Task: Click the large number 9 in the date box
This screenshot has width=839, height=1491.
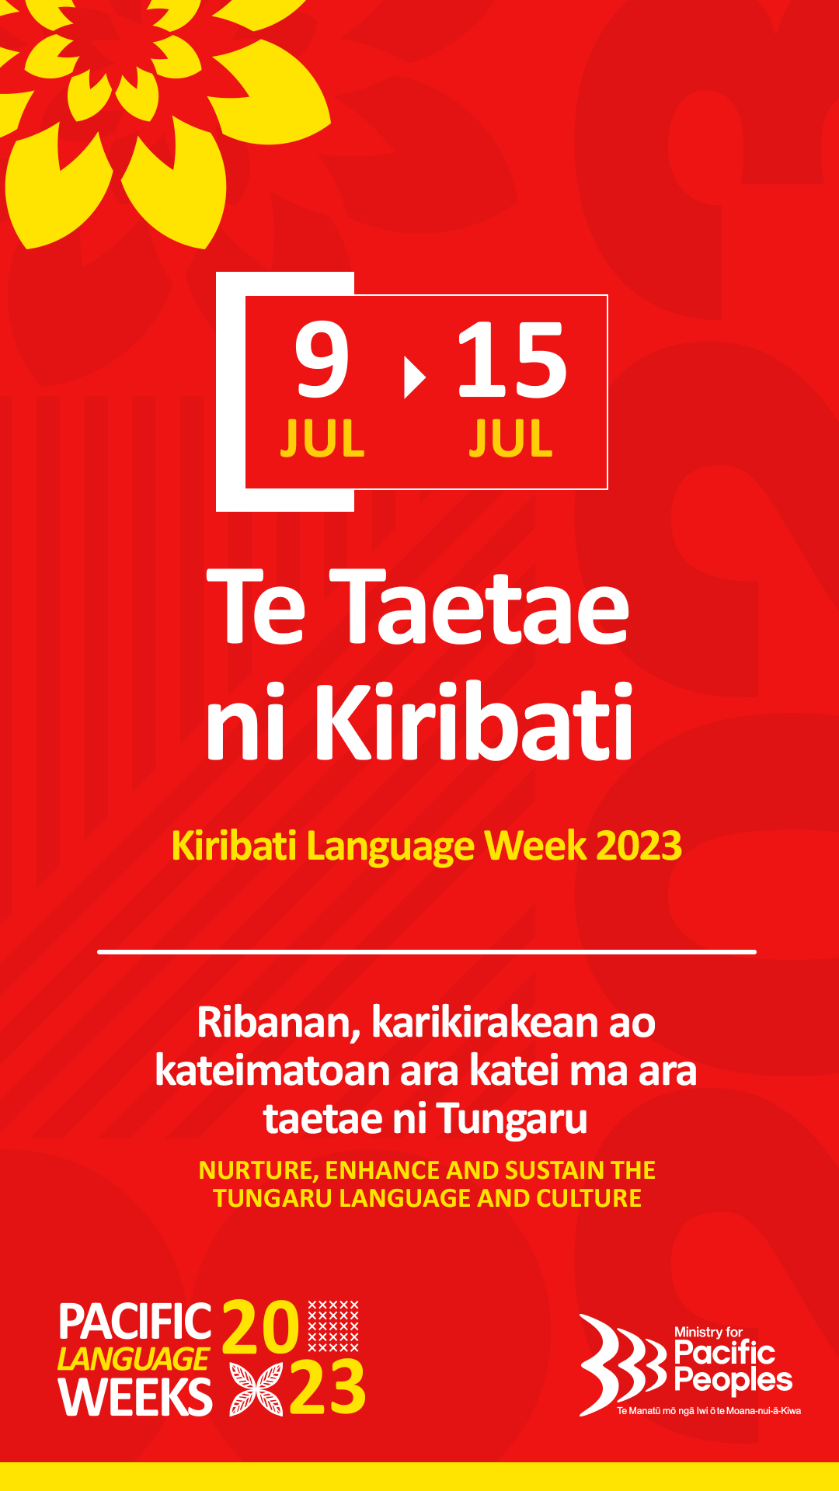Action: click(322, 360)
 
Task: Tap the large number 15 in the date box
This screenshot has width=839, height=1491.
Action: click(512, 360)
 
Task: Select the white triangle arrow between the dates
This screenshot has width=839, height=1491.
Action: click(415, 377)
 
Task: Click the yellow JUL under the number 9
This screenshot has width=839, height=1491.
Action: click(322, 439)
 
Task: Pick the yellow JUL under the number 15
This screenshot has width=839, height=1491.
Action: click(510, 439)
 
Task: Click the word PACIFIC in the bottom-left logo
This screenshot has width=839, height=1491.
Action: click(135, 1322)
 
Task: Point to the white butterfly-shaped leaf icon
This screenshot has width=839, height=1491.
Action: click(256, 1388)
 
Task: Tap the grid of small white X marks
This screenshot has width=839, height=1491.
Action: click(333, 1326)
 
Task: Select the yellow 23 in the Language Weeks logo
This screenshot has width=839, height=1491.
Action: click(327, 1388)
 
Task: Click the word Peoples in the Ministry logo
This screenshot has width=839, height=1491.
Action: click(733, 1380)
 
